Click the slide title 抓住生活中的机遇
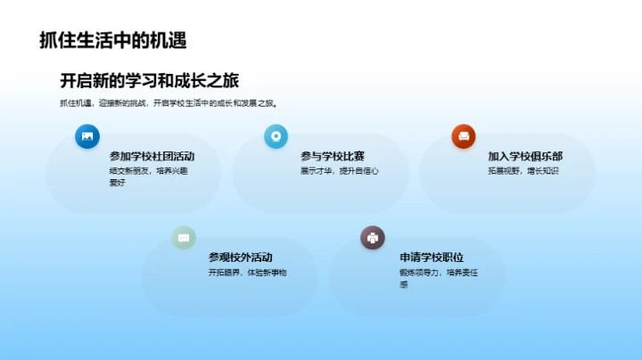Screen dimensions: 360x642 tap(112, 40)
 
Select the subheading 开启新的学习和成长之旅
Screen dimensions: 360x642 tap(149, 80)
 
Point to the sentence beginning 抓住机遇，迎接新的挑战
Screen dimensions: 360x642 tap(169, 103)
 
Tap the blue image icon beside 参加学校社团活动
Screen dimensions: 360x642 tap(87, 136)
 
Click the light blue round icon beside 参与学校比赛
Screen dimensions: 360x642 tap(276, 136)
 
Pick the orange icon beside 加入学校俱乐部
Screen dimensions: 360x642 tap(464, 136)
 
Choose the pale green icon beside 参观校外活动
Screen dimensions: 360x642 tap(184, 237)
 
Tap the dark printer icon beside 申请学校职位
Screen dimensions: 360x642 tap(372, 237)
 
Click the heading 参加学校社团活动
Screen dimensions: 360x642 tap(152, 156)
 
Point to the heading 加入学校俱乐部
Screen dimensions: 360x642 tap(525, 156)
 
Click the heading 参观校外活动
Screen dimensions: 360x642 tap(241, 257)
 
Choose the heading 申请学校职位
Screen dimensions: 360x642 tap(432, 257)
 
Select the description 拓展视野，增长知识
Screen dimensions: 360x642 tap(523, 170)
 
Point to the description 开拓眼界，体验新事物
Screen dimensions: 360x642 tap(248, 272)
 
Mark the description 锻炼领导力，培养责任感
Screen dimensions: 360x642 tap(438, 277)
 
